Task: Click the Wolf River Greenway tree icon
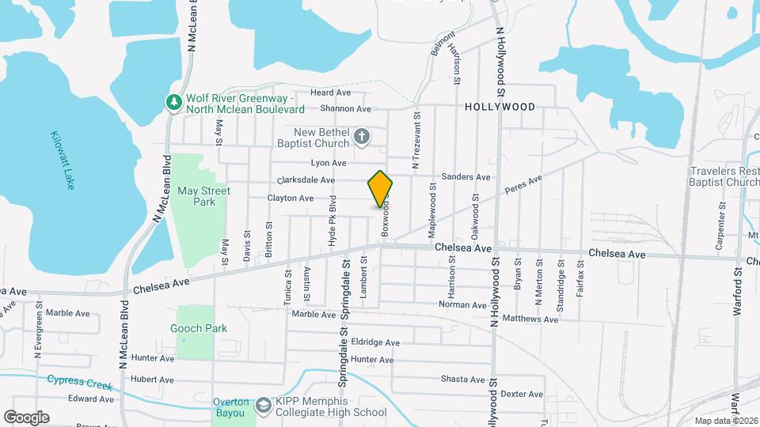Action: pyautogui.click(x=173, y=102)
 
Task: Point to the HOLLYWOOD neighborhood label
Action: pyautogui.click(x=500, y=107)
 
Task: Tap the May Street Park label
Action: pyautogui.click(x=203, y=196)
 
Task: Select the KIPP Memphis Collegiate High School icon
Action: pyautogui.click(x=262, y=406)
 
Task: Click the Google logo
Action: pyautogui.click(x=26, y=417)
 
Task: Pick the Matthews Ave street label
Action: pyautogui.click(x=530, y=319)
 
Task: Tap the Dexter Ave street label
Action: pyautogui.click(x=522, y=394)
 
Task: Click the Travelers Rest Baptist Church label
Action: pyautogui.click(x=724, y=176)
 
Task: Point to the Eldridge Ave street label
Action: pyautogui.click(x=375, y=342)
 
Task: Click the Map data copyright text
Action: pyautogui.click(x=726, y=421)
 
